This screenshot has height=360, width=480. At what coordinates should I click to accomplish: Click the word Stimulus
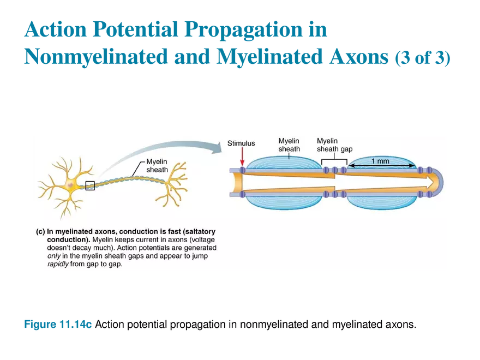click(241, 143)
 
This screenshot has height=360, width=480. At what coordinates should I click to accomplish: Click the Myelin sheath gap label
click(334, 145)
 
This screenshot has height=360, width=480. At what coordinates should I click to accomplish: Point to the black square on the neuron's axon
click(90, 186)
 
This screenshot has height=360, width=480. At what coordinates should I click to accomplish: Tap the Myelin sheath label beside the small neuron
click(157, 166)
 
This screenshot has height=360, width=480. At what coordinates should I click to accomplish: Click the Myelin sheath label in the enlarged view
click(289, 145)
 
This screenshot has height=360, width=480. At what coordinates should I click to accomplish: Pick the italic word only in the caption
click(55, 256)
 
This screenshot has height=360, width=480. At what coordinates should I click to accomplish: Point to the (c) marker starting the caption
click(40, 231)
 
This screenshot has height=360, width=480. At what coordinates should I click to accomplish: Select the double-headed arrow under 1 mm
click(382, 166)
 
